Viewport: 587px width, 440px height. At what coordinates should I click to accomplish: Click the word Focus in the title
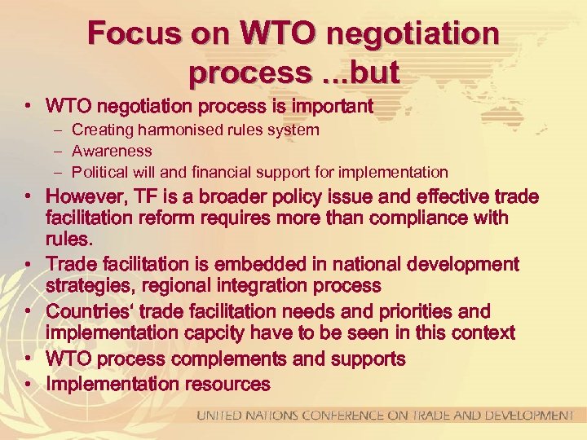[x=135, y=33]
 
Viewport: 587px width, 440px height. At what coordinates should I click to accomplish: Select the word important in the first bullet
[x=326, y=106]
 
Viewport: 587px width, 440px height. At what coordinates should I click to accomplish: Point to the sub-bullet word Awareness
[x=112, y=151]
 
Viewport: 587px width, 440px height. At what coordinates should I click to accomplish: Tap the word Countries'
[x=90, y=312]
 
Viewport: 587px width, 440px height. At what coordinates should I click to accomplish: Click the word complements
[x=244, y=359]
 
